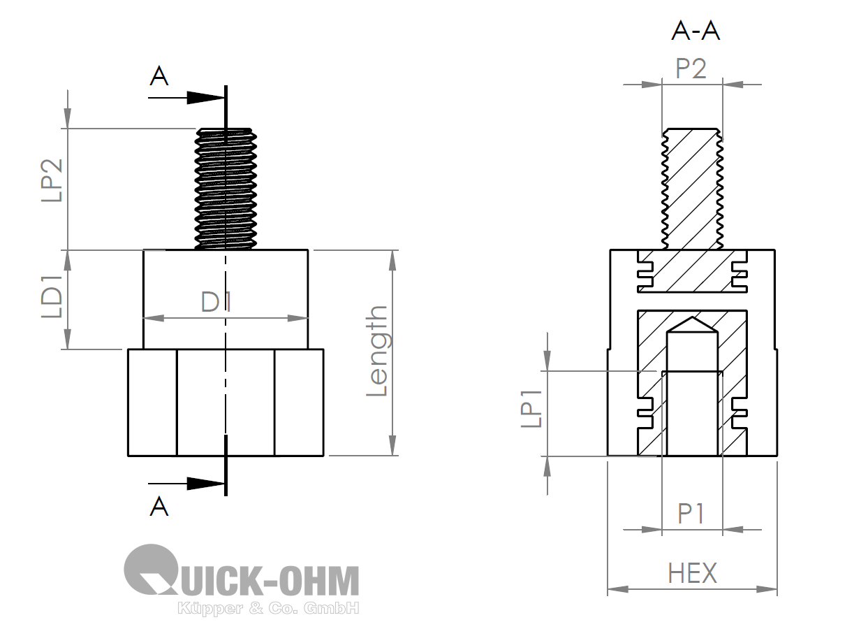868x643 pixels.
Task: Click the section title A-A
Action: click(696, 31)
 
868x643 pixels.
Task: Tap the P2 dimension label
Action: click(691, 69)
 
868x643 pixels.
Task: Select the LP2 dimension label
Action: click(52, 180)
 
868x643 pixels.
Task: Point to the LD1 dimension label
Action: click(52, 296)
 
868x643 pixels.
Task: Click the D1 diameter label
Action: click(216, 302)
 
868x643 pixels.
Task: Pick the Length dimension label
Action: click(376, 351)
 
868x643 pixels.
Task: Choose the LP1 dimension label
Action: click(531, 409)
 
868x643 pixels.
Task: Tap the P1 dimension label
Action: click(691, 514)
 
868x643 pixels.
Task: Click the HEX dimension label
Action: click(692, 573)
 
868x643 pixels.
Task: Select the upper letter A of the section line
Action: click(159, 76)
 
